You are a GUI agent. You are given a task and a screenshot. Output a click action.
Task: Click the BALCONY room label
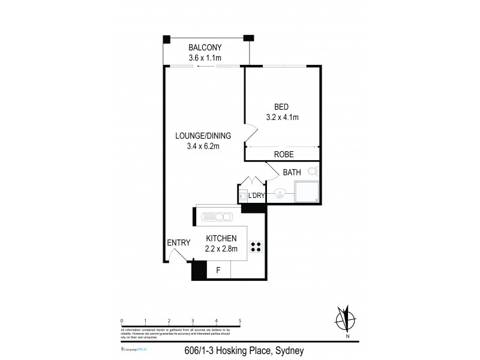(x=206, y=47)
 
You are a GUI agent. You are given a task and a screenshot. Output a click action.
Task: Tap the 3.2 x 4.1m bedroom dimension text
(x=282, y=118)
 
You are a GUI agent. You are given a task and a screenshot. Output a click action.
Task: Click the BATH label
(x=292, y=173)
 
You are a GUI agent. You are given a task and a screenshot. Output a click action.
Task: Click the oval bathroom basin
(x=280, y=193)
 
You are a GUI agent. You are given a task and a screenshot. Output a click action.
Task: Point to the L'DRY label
(x=256, y=196)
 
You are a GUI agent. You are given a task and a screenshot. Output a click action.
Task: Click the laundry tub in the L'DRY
(x=243, y=196)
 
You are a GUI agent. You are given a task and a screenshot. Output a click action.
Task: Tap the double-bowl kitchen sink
(x=216, y=217)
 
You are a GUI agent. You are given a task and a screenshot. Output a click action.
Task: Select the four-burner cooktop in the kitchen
(x=256, y=246)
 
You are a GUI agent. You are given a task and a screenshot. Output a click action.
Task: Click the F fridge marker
(x=218, y=271)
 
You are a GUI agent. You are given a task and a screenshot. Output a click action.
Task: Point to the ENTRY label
(x=179, y=243)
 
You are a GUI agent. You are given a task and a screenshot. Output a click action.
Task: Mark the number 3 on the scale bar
(x=193, y=321)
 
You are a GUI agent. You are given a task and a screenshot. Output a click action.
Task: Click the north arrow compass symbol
(x=343, y=319)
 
